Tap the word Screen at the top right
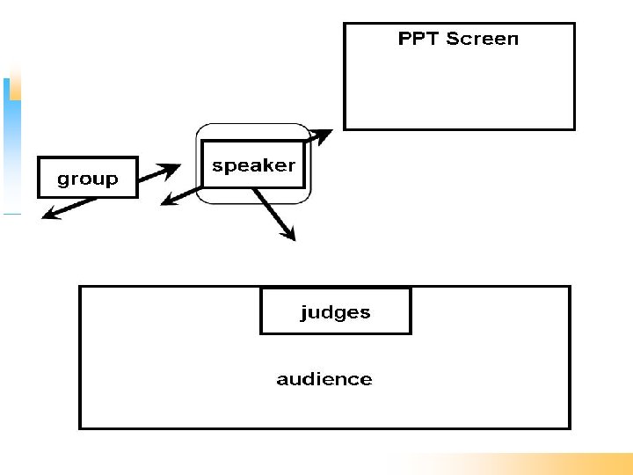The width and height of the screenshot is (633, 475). (483, 39)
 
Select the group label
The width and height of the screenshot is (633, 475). (87, 179)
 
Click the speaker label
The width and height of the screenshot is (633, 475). (253, 165)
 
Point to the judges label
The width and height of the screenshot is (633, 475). (335, 312)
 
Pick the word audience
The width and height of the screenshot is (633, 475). (324, 379)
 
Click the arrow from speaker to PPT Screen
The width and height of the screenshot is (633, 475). (317, 135)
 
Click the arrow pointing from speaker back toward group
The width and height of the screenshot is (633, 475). (179, 196)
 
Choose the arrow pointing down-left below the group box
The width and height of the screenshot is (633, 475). (68, 208)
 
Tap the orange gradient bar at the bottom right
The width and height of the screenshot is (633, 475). (527, 464)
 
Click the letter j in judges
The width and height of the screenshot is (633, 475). (304, 313)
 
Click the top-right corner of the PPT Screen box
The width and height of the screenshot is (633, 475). (574, 24)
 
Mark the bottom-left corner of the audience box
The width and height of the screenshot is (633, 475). (80, 428)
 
